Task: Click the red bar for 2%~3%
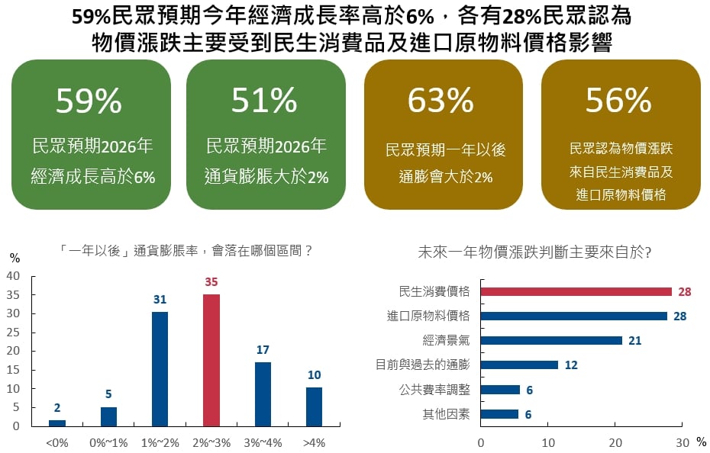(x=211, y=360)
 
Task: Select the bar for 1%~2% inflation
(x=160, y=368)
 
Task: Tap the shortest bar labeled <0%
(x=57, y=422)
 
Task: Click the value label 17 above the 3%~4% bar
(x=263, y=350)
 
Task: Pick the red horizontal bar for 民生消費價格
(x=576, y=291)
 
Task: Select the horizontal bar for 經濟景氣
(x=551, y=340)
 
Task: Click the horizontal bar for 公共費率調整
(x=500, y=390)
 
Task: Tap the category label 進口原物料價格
(x=428, y=316)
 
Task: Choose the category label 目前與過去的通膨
(x=423, y=365)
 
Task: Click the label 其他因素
(x=446, y=415)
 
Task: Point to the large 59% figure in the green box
(x=89, y=100)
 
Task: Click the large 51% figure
(x=264, y=100)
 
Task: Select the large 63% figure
(x=441, y=100)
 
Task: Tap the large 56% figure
(x=618, y=100)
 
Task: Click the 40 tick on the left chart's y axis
(x=14, y=276)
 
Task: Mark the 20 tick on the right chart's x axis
(x=615, y=442)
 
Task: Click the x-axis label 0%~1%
(x=108, y=442)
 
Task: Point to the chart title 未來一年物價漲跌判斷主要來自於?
(x=535, y=252)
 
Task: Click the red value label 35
(x=211, y=282)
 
